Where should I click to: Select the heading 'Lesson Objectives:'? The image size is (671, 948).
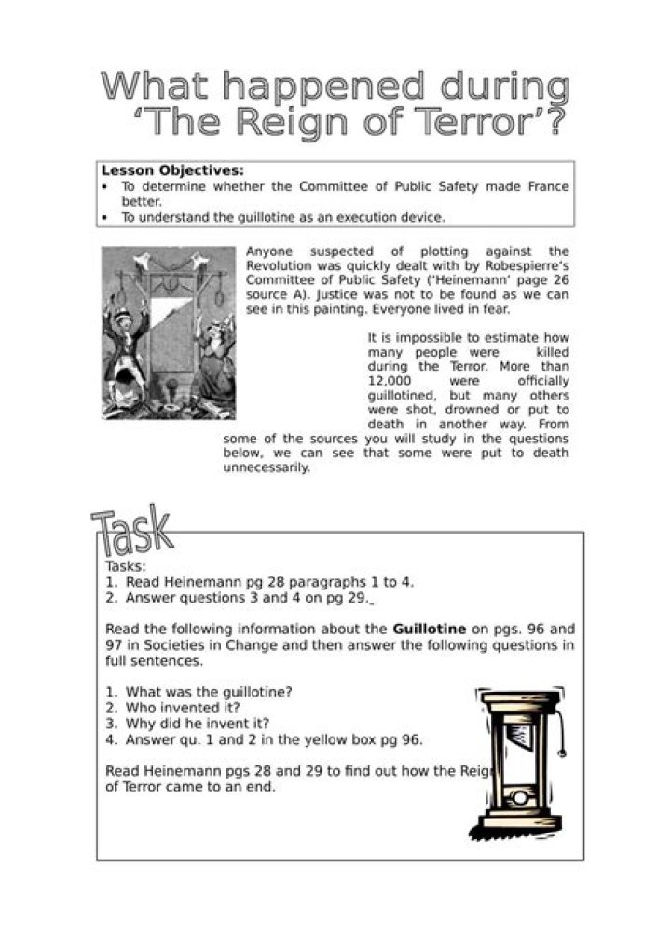coord(172,170)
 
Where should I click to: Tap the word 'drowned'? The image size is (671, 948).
coord(481,409)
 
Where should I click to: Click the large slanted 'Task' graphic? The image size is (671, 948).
coord(132,534)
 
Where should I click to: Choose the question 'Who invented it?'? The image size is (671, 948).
coord(182,707)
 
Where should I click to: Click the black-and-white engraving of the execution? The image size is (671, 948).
coord(169,332)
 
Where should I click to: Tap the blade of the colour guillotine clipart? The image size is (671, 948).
coord(517,736)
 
